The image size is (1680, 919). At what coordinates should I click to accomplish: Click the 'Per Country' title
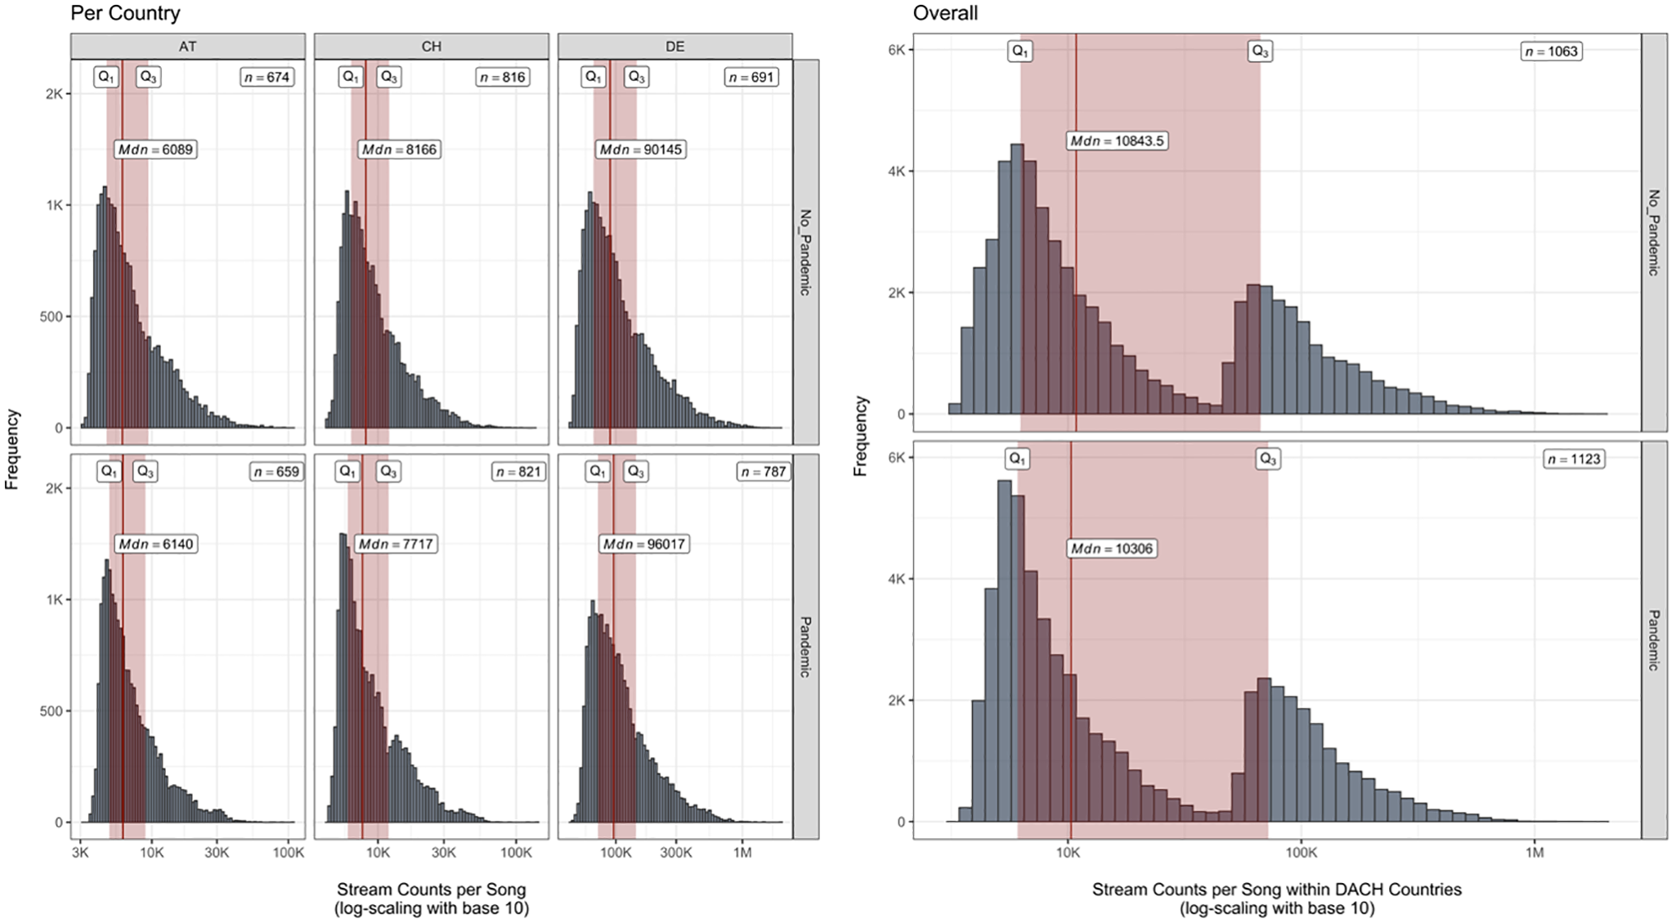(x=125, y=13)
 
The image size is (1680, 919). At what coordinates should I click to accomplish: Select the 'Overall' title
(x=945, y=13)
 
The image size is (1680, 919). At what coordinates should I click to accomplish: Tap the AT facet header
(x=188, y=47)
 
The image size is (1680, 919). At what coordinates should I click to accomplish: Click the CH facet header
(x=432, y=47)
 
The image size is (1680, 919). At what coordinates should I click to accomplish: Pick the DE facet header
(x=675, y=47)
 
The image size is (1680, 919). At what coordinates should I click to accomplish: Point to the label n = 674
(x=267, y=77)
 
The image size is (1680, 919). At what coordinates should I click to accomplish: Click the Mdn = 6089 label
(x=155, y=150)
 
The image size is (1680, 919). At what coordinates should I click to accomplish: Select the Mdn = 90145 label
(x=640, y=150)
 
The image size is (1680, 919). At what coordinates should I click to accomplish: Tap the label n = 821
(x=518, y=472)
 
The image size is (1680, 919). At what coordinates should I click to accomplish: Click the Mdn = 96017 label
(x=644, y=544)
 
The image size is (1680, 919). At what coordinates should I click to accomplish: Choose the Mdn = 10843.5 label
(x=1117, y=141)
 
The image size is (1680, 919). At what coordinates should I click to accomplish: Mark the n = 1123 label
(x=1574, y=459)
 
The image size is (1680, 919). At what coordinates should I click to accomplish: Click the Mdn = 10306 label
(x=1111, y=549)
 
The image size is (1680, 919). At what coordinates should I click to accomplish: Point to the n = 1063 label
(x=1551, y=52)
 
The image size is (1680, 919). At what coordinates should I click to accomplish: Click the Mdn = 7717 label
(x=396, y=544)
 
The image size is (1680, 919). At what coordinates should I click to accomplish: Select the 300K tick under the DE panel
(x=676, y=853)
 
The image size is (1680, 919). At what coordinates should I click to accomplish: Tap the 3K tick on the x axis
(x=79, y=853)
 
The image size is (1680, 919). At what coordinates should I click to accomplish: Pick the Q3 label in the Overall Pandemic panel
(x=1267, y=459)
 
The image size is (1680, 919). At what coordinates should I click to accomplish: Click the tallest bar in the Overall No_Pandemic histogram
(x=1017, y=279)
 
